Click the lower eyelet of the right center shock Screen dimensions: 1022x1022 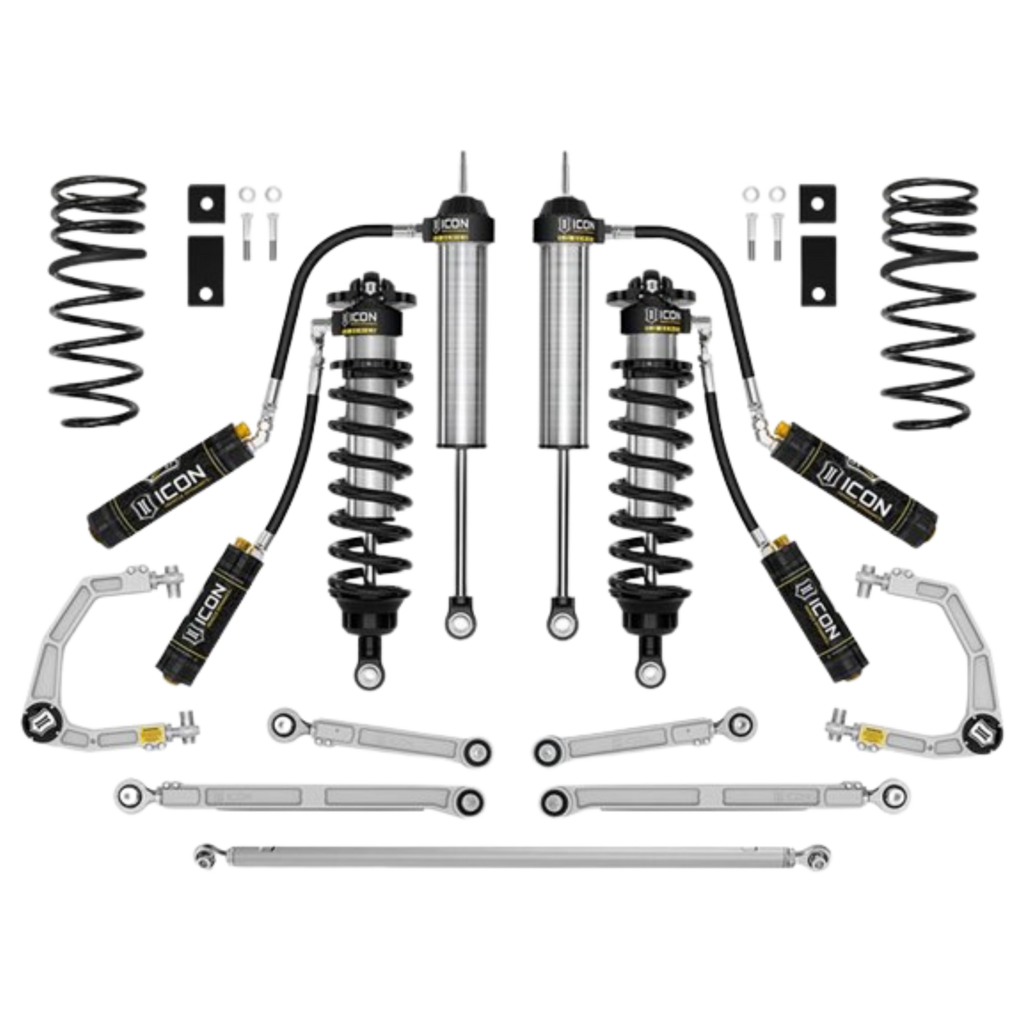(x=562, y=622)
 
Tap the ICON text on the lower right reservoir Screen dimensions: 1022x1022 (x=820, y=608)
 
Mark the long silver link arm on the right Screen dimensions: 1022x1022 (x=718, y=798)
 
